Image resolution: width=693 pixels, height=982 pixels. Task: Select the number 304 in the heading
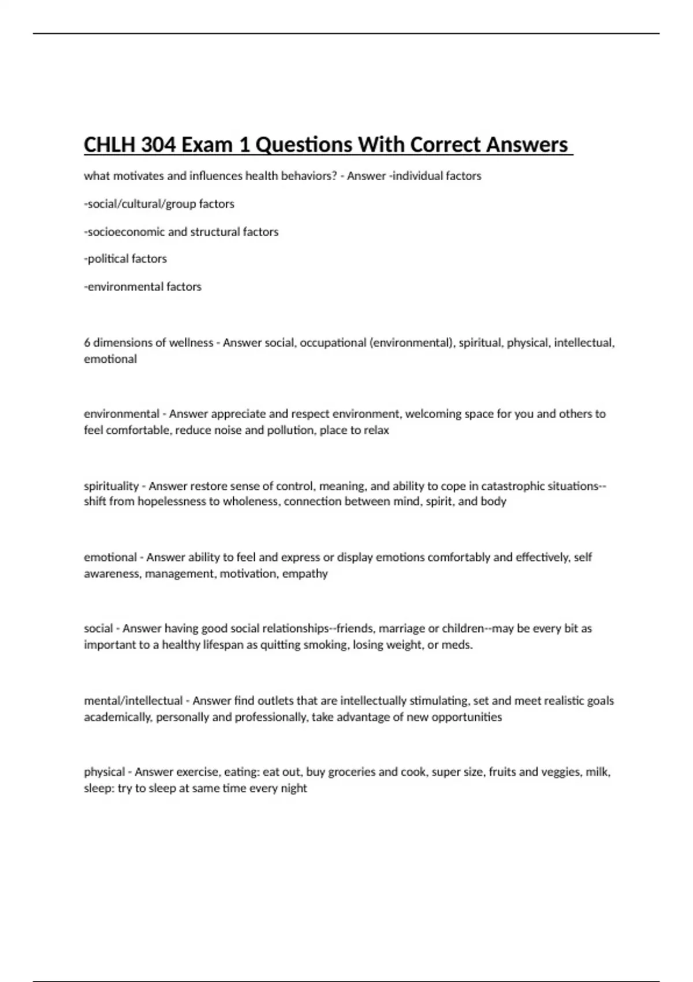pos(158,144)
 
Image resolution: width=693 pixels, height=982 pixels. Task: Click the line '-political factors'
pos(125,259)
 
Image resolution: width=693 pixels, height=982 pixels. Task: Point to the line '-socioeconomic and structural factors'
pos(181,232)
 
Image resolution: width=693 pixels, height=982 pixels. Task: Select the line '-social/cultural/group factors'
pos(159,204)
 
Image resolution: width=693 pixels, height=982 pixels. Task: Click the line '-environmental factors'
pos(143,287)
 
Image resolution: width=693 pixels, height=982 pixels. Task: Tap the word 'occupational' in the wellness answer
pos(333,343)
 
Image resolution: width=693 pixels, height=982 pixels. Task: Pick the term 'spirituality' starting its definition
pos(111,486)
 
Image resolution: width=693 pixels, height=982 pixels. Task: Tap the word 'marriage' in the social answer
pos(400,628)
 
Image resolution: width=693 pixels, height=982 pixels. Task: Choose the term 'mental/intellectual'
pos(133,701)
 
